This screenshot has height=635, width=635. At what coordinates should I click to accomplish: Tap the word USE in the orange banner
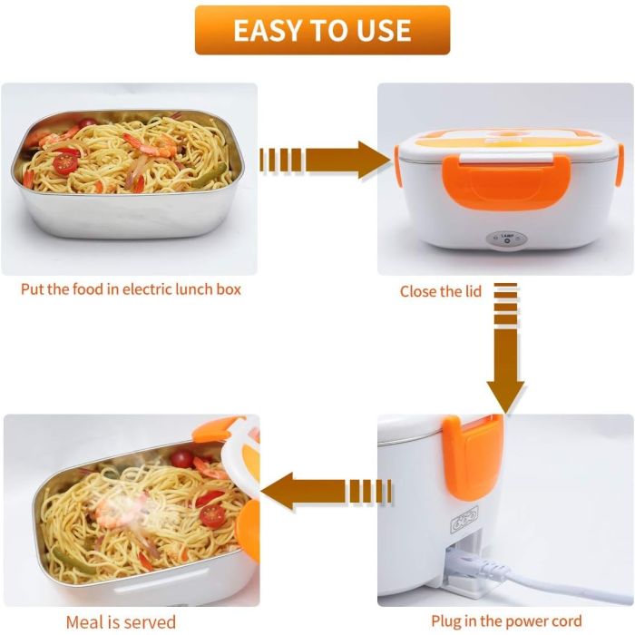386,30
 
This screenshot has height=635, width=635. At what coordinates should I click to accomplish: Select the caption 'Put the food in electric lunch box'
131,290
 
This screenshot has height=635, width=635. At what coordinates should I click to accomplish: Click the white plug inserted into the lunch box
472,570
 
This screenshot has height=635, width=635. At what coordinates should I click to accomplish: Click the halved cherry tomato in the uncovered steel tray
65,163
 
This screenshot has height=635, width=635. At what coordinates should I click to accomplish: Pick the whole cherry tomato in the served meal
182,458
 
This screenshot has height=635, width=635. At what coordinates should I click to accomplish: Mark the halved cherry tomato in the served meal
212,514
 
